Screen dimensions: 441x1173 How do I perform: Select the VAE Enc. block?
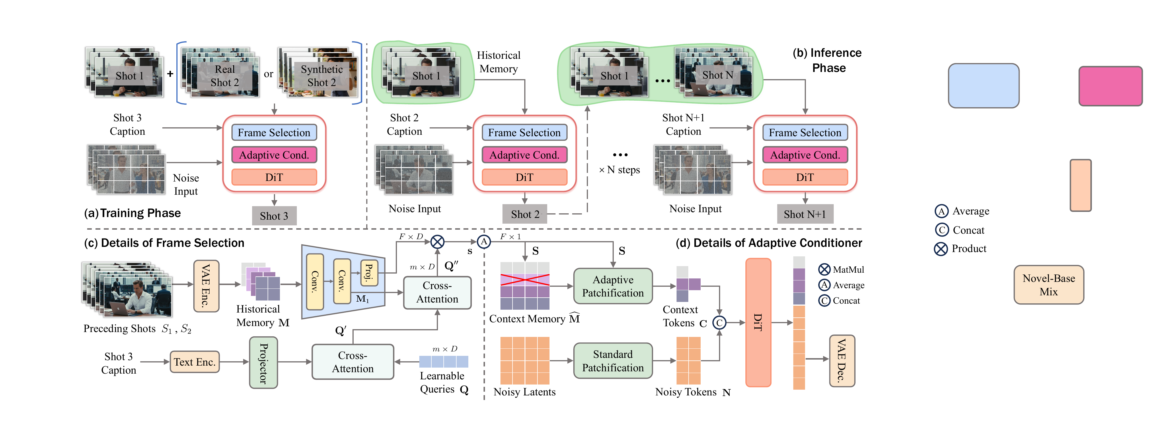point(206,286)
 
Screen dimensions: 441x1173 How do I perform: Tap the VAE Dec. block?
point(841,360)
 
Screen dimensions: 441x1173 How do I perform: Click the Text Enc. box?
point(194,362)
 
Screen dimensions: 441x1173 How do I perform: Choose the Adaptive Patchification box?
point(613,286)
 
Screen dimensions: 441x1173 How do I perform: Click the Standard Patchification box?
point(613,361)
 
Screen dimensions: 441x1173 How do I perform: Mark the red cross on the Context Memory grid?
point(525,280)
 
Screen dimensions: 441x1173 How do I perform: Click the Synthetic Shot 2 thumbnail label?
point(321,75)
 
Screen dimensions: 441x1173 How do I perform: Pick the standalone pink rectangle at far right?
point(1110,86)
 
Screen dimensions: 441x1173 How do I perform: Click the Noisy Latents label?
point(525,392)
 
